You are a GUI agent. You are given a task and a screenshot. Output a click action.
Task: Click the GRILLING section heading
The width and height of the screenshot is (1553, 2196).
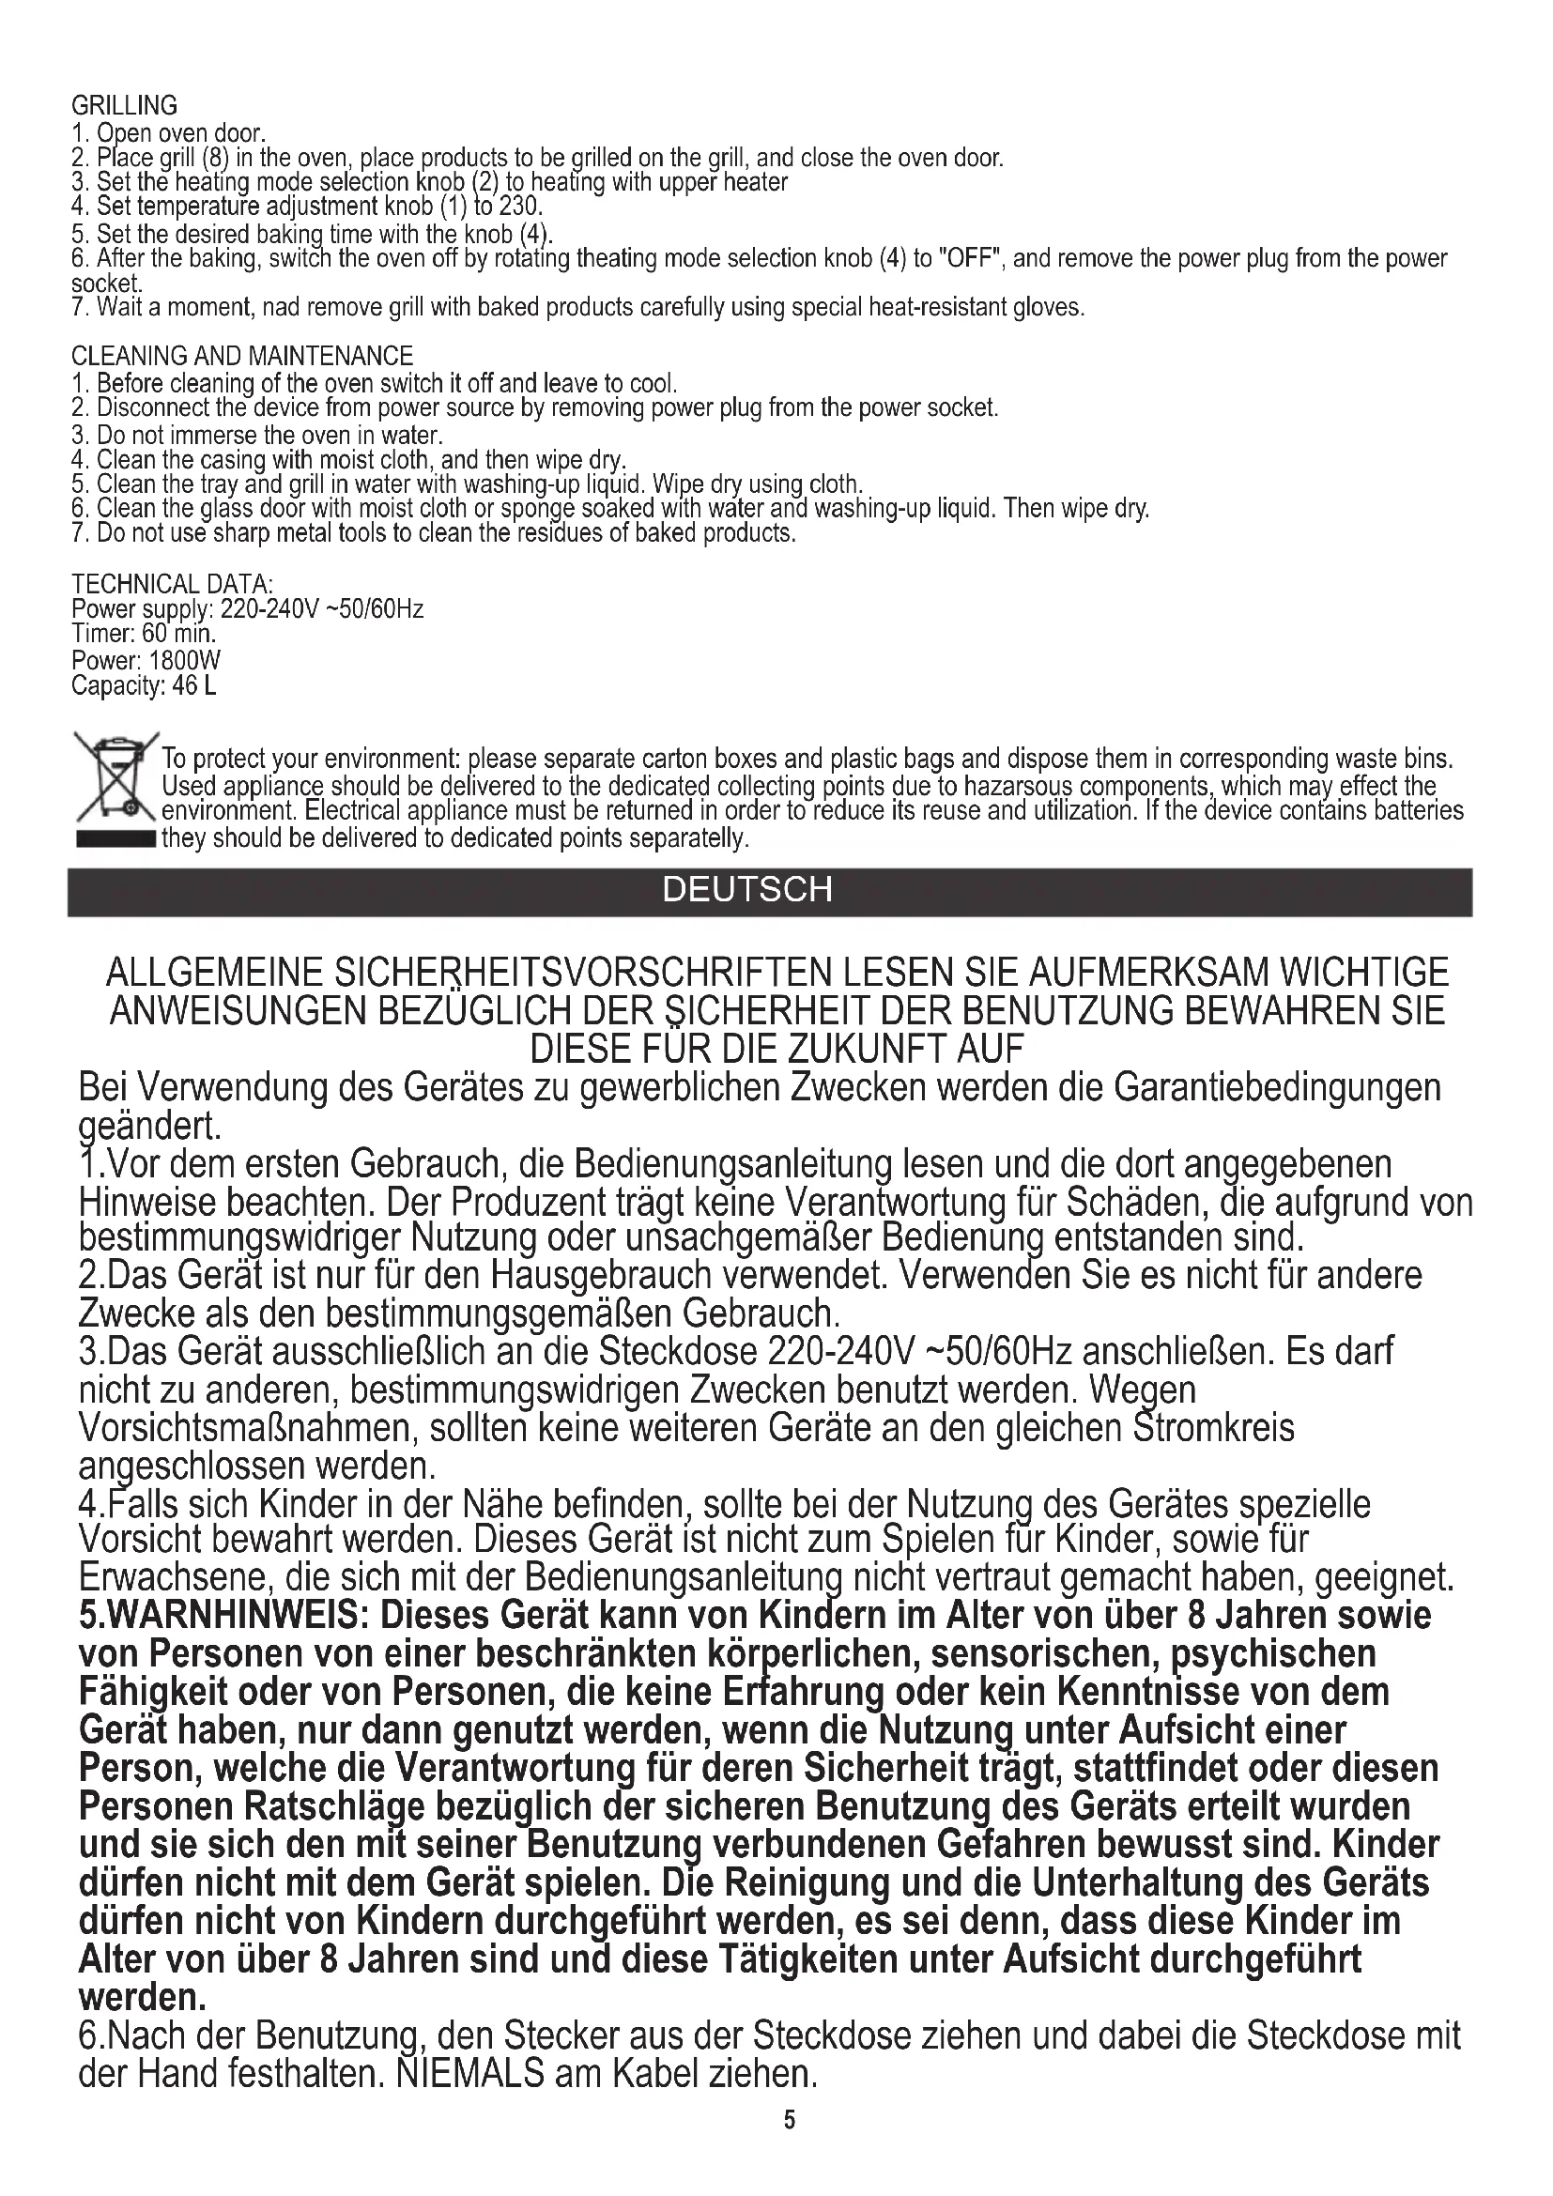124,105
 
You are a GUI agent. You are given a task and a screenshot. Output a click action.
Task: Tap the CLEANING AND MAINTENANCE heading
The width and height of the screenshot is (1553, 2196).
242,356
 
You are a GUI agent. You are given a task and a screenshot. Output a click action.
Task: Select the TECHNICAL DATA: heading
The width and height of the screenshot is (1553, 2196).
172,583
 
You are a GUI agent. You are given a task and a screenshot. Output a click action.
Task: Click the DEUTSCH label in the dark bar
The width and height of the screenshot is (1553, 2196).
747,889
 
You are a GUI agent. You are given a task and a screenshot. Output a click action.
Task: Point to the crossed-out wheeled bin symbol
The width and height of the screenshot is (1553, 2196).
115,781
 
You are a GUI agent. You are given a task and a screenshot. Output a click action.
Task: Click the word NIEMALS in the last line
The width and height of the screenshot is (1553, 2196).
469,2074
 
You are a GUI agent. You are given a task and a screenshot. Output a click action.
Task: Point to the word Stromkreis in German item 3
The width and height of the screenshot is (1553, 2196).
1213,1428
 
